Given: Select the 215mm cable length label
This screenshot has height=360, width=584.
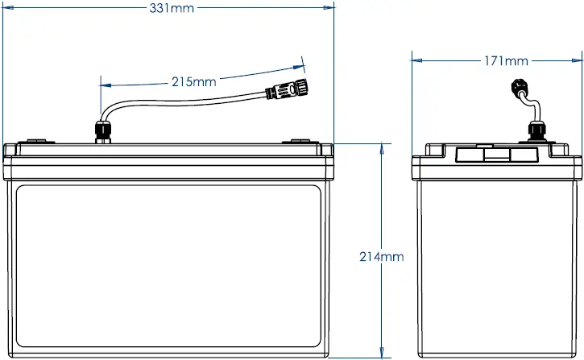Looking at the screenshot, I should pos(193,81).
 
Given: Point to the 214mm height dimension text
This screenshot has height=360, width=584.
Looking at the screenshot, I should pos(381,257).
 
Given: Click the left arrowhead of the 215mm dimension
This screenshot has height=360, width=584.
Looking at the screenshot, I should pos(105,84).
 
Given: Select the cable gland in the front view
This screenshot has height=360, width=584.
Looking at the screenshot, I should pos(101,130).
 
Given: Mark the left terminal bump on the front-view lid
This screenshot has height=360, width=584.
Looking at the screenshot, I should pos(37,141).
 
